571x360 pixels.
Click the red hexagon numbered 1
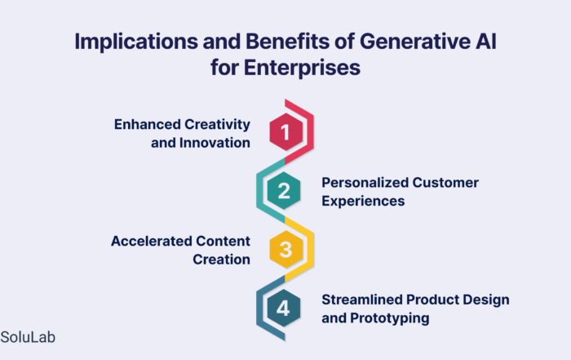285,131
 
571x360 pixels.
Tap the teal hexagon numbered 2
284,190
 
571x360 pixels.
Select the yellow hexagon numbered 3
285,249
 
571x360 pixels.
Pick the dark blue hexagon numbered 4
284,309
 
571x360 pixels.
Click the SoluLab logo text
28,337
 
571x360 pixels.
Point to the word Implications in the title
136,42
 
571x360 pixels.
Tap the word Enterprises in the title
302,68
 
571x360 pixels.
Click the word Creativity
217,125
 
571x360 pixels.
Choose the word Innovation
215,143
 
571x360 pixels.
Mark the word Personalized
364,183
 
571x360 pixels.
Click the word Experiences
363,202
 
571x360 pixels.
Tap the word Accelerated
152,241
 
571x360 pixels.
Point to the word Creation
221,260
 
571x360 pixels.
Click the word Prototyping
390,318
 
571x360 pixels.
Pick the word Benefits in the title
288,41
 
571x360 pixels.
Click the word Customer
445,183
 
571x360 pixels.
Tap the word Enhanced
147,124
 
